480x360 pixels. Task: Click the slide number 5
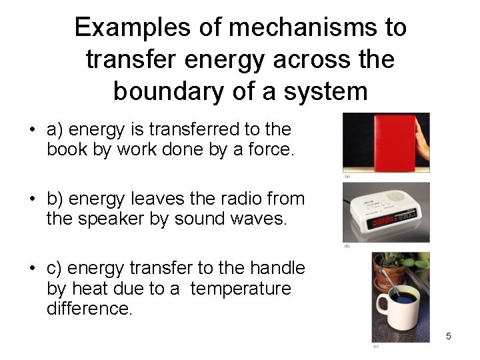[448, 336]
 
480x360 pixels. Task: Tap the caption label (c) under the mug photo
[377, 347]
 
